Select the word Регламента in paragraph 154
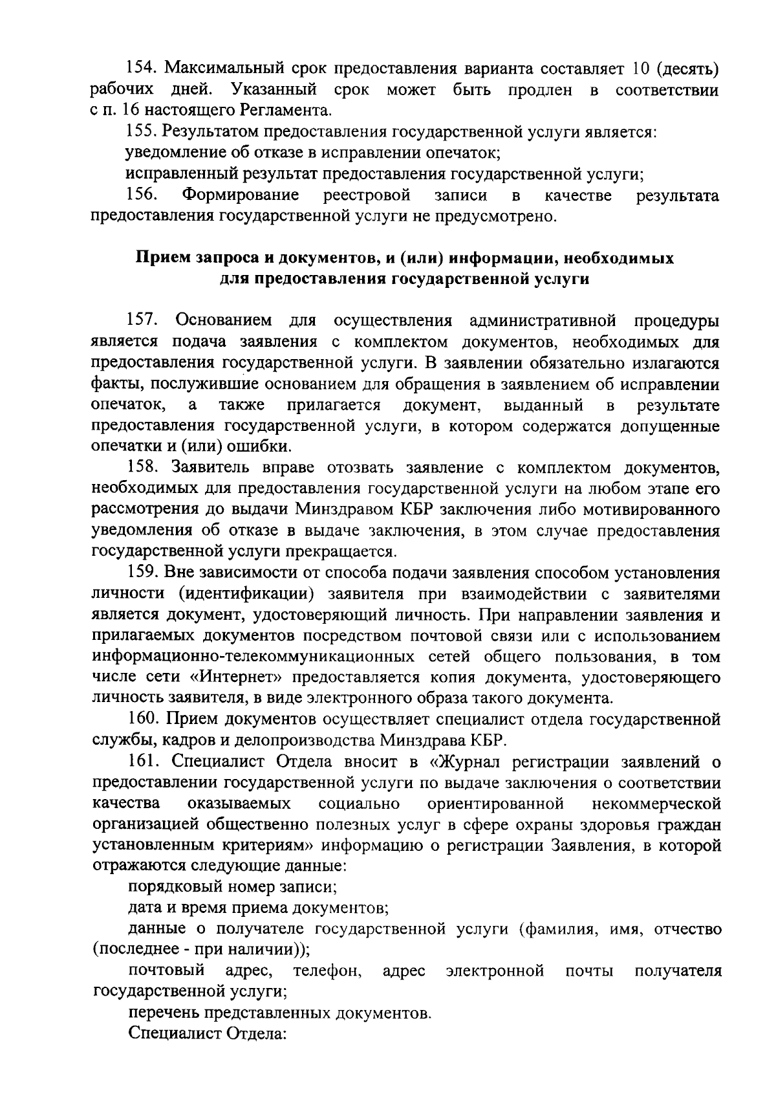[285, 111]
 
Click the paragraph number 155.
[140, 132]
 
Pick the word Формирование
[241, 195]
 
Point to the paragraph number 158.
[140, 468]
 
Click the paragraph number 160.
[140, 719]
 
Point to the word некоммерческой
[656, 804]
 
